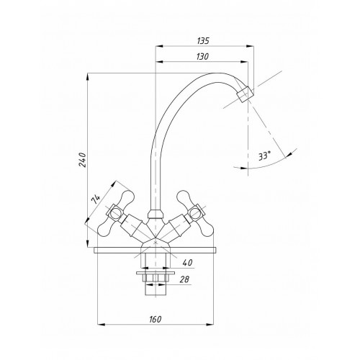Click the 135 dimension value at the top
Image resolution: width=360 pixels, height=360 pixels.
coord(203,41)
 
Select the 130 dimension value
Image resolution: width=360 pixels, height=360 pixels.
coord(202,57)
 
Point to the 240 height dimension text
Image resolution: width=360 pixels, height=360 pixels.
coord(82,160)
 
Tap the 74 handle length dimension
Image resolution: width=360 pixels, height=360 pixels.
coord(96,199)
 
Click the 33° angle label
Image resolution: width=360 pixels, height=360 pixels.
coord(264,156)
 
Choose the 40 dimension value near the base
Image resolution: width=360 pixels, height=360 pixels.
coord(187,263)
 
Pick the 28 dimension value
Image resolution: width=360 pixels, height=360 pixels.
coord(184,279)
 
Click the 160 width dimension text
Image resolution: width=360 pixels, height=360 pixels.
coord(156,320)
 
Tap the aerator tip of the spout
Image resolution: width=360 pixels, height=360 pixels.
coord(245,94)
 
